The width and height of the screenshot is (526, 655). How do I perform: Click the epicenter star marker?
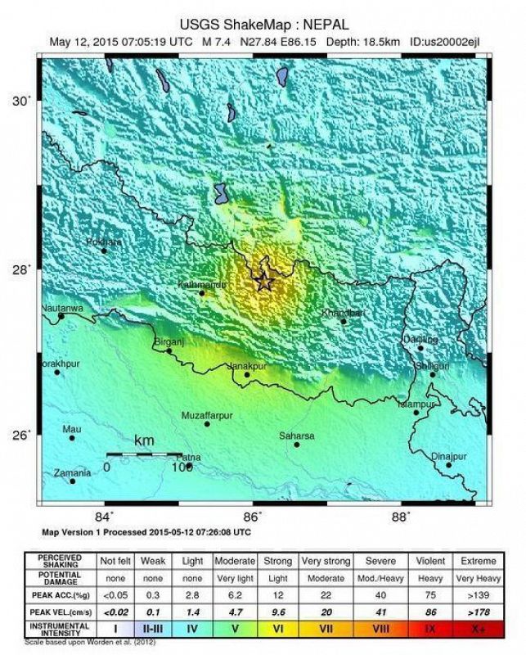pos(263,282)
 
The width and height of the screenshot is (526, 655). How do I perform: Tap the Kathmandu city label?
pos(201,284)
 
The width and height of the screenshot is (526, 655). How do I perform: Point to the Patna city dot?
pos(189,466)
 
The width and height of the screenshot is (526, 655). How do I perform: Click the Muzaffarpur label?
pos(207,415)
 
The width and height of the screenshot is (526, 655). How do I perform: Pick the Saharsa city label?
pos(297,436)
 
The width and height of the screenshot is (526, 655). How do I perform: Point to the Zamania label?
pos(72,472)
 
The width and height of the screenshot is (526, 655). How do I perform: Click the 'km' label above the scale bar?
pos(144,441)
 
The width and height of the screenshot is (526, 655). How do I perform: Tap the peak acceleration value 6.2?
pos(235,594)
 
